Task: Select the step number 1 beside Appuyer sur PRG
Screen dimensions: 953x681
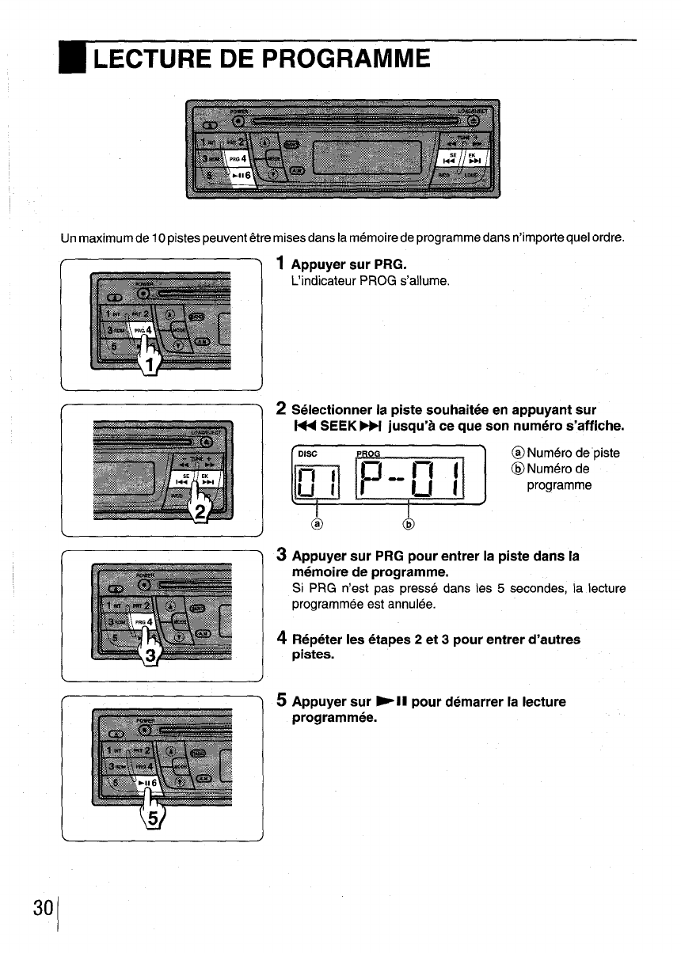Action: tap(281, 262)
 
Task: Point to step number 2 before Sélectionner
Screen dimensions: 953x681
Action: tap(281, 409)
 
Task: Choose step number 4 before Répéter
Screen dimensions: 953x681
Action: tap(281, 639)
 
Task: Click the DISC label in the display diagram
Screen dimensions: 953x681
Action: tap(309, 454)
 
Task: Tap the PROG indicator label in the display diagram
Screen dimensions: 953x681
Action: tap(368, 454)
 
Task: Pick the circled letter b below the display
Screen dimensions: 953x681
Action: tap(409, 523)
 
